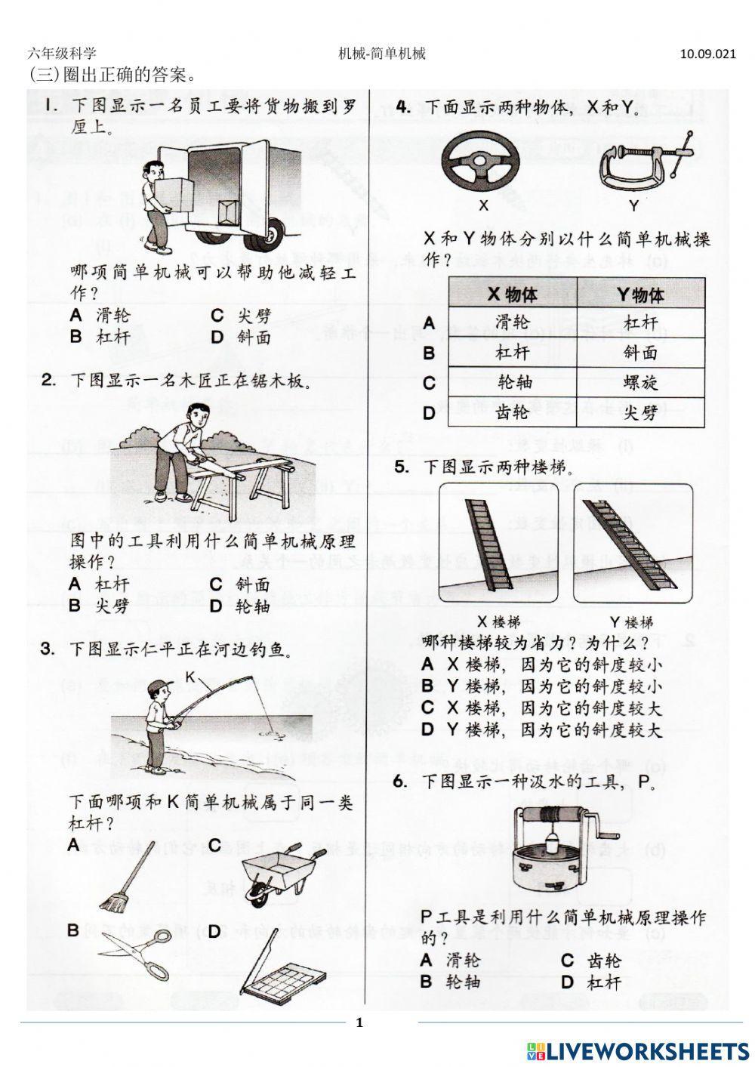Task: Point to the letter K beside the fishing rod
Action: coord(191,678)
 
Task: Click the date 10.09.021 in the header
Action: coord(707,54)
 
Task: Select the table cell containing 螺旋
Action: coord(641,382)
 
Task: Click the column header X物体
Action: coord(513,294)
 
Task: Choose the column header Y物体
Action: coord(641,294)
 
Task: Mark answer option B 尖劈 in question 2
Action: coord(100,606)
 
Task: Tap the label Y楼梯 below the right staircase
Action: coord(631,622)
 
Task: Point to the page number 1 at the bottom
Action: coord(359,1023)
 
